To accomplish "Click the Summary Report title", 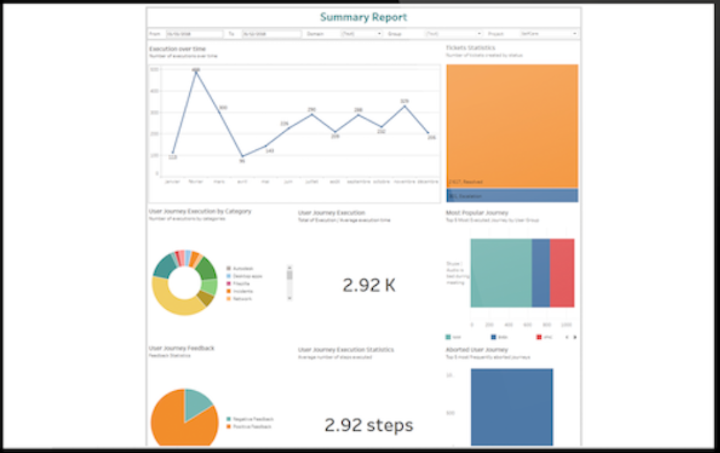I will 363,18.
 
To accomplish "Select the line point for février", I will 196,71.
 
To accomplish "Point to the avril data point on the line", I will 242,157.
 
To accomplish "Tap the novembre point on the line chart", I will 405,106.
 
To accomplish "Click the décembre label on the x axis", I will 427,181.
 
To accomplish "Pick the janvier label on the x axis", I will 173,181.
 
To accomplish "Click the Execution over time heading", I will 178,49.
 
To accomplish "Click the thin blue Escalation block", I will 512,195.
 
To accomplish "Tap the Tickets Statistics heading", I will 470,48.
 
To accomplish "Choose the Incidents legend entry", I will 242,291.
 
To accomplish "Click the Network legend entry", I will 242,298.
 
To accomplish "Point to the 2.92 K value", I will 369,285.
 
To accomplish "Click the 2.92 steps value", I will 369,425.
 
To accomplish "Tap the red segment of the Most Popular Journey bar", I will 562,273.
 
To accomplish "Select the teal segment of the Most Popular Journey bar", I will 501,273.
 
